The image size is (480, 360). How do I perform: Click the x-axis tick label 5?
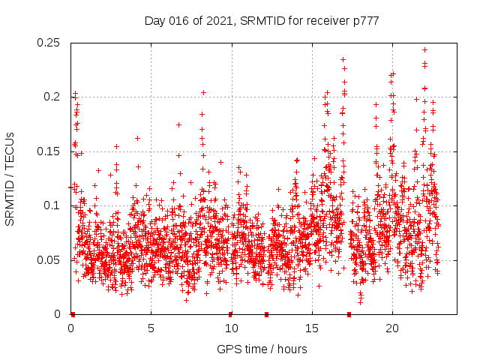[x=151, y=328]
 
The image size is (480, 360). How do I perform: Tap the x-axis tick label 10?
[x=231, y=328]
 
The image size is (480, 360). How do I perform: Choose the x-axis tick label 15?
[x=311, y=328]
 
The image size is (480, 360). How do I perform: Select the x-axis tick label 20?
[x=391, y=328]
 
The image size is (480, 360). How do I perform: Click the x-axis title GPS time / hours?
[x=262, y=349]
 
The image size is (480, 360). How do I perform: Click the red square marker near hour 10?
[x=230, y=314]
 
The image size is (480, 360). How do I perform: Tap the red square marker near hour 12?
[x=266, y=314]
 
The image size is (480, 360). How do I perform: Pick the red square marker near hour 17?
[x=349, y=314]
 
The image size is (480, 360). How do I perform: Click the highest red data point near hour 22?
[x=425, y=50]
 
